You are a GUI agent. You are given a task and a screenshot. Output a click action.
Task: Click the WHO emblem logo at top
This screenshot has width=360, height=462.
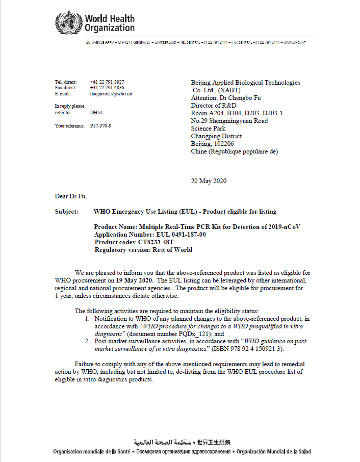(x=68, y=22)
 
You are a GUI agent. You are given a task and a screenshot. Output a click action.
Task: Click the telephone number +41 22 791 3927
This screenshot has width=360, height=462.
(x=107, y=82)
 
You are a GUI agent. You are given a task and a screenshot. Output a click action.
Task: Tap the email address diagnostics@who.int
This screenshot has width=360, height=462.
(x=111, y=94)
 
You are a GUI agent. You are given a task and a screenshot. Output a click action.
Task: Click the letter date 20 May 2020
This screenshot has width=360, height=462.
(x=209, y=181)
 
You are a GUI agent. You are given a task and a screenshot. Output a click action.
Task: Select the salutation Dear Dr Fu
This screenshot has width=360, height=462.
(x=71, y=196)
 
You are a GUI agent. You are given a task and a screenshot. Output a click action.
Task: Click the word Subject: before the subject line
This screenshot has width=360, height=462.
(x=67, y=212)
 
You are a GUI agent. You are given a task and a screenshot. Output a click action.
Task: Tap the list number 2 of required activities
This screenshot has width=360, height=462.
(x=87, y=341)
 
